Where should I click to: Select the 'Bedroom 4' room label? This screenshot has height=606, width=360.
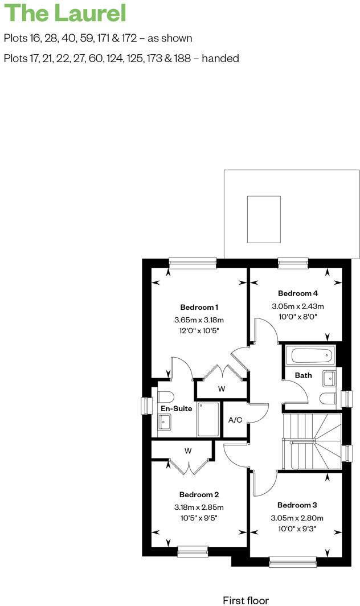[297, 293]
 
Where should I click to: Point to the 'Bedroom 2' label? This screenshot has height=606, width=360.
[199, 494]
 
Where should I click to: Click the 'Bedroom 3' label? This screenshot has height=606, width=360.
[297, 505]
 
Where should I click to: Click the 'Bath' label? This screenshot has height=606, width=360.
[303, 375]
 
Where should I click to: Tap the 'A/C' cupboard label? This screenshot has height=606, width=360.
[235, 420]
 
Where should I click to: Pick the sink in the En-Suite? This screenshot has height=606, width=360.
[164, 422]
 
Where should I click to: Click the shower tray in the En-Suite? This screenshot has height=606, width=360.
[208, 420]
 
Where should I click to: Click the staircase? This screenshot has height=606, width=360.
[312, 442]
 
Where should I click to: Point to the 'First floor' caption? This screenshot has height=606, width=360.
[246, 600]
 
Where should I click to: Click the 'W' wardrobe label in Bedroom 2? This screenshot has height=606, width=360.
[187, 451]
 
